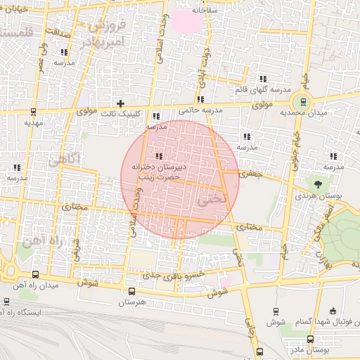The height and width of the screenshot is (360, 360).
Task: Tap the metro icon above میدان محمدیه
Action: coord(303,101)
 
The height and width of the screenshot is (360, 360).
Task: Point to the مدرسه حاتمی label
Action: coord(200,110)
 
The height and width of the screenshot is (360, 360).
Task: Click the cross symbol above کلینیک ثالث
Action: coord(121,103)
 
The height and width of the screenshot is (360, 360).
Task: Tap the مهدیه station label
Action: coord(34,122)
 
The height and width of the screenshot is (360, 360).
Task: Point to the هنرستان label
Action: coord(131,302)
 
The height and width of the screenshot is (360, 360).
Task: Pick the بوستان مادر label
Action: coord(313,349)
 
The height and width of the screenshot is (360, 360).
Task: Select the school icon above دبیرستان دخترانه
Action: coord(158,155)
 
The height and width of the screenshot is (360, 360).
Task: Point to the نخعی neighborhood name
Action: coord(212,198)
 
